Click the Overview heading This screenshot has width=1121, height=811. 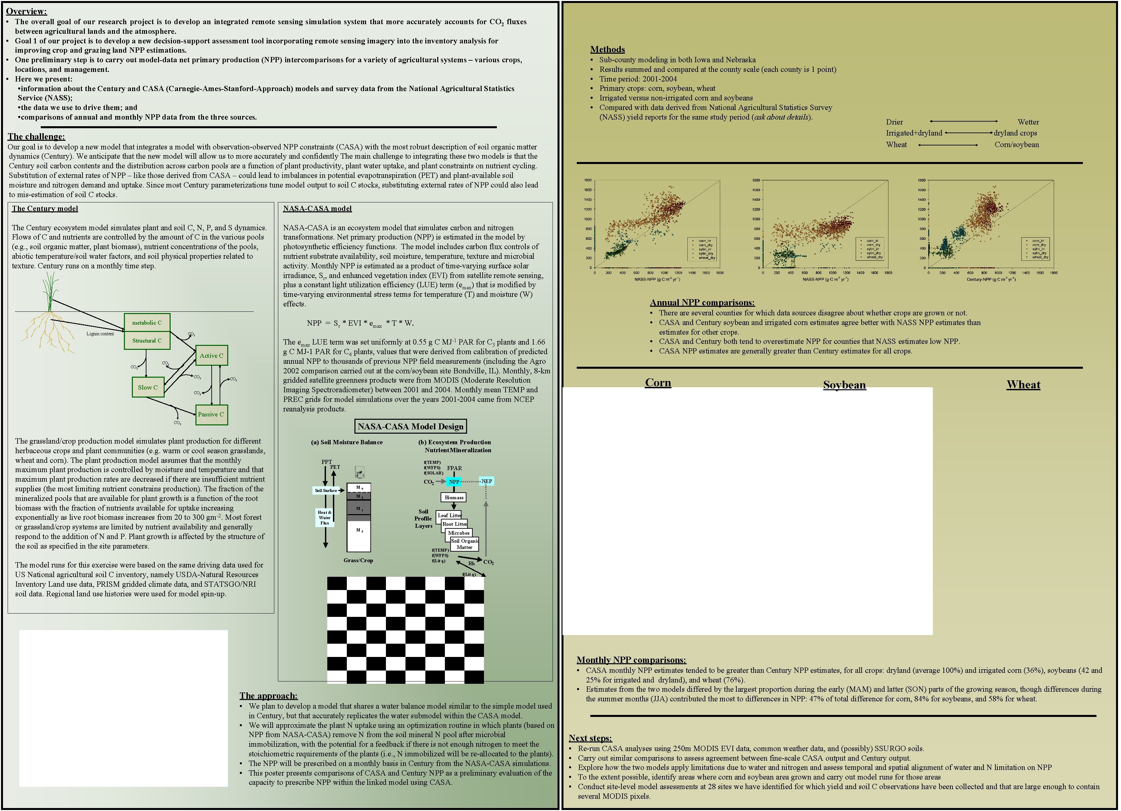(x=26, y=11)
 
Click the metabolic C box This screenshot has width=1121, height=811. (x=147, y=323)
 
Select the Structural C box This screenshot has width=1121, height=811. (x=147, y=341)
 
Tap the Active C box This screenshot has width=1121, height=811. (x=212, y=355)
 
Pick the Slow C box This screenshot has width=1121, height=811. (x=148, y=388)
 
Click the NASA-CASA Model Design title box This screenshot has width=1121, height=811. (x=410, y=426)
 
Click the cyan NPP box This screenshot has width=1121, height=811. (x=454, y=481)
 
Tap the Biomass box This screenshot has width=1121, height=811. (x=454, y=498)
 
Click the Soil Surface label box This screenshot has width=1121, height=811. (x=326, y=491)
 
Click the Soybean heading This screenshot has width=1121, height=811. (x=844, y=385)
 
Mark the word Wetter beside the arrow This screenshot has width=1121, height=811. (x=1028, y=122)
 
